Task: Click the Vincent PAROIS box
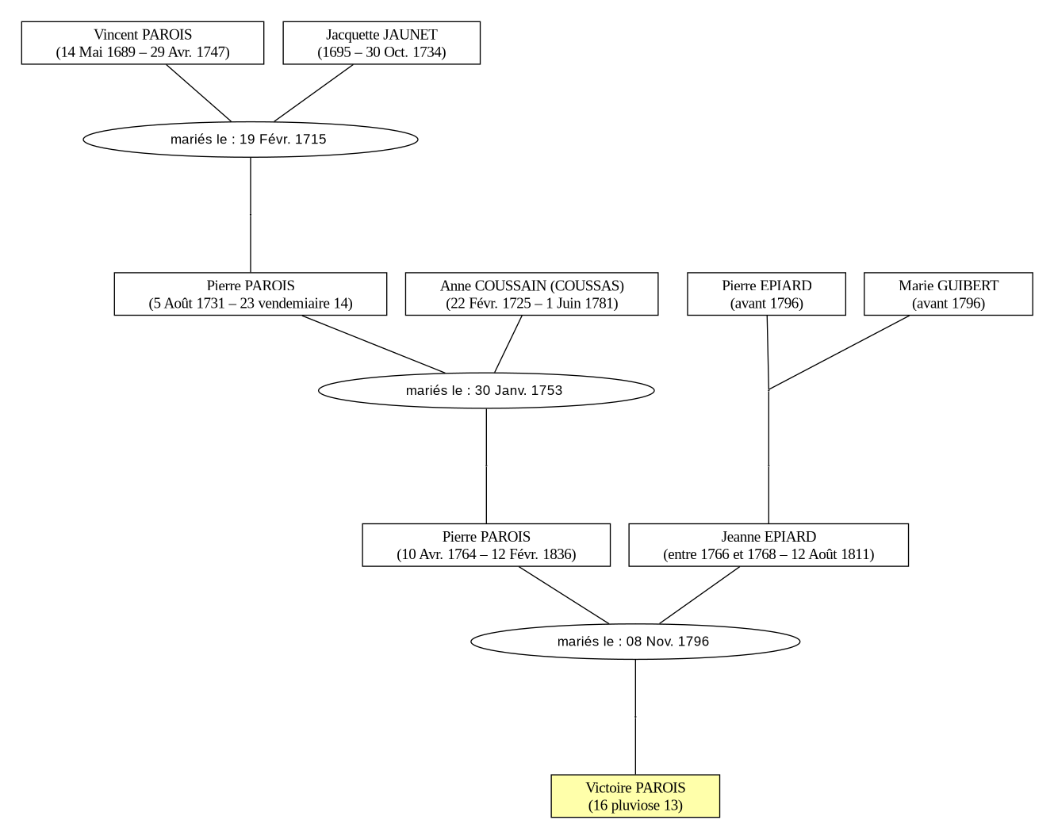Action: pos(143,43)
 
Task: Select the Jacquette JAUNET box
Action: pos(381,43)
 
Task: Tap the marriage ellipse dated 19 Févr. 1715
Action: pos(251,140)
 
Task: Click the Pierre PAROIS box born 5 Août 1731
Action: pos(251,294)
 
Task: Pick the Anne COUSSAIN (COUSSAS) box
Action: pos(531,294)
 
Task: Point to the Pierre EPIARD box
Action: pos(766,294)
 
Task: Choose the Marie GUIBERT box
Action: pos(949,294)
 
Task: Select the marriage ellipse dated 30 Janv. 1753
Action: pos(486,390)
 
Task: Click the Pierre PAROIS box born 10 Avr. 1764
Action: pos(486,545)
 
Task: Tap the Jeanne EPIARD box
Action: pos(768,545)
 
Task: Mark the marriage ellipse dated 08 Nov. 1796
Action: pos(635,642)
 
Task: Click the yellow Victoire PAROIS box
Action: pos(635,796)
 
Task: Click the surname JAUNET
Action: pos(410,35)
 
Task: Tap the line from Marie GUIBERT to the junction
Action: pos(839,353)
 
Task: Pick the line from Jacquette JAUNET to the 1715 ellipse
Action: pos(313,93)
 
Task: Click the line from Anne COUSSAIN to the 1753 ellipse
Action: pos(508,344)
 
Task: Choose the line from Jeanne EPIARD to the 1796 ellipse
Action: pos(699,596)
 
